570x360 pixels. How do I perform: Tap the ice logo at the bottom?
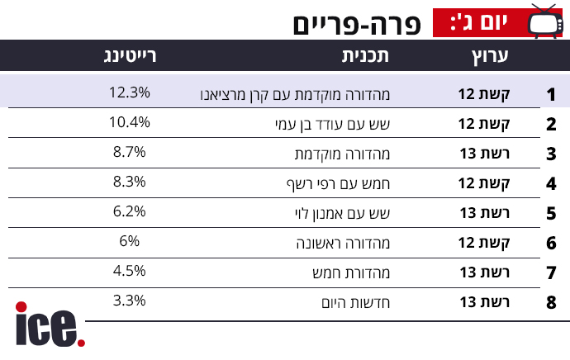(x=49, y=325)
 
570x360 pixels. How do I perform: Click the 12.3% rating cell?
(x=128, y=92)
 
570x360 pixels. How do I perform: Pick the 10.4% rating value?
(x=129, y=122)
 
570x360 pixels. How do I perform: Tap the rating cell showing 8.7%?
(x=129, y=152)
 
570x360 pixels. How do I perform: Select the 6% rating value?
(x=129, y=241)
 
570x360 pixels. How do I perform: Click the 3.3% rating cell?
(x=129, y=301)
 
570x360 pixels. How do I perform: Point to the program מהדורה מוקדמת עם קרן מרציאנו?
(x=295, y=94)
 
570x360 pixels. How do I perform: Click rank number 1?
(x=551, y=94)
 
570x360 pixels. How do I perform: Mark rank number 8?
(x=551, y=302)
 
